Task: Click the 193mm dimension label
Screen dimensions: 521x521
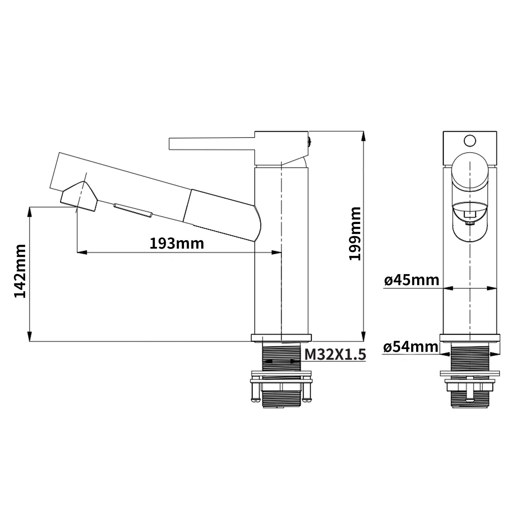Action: click(x=177, y=244)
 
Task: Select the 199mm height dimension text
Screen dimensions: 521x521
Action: click(x=355, y=233)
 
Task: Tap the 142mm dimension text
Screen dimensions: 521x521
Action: click(x=20, y=271)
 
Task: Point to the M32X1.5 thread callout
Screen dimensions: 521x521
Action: click(x=335, y=355)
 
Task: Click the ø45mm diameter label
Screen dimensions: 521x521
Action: click(x=412, y=280)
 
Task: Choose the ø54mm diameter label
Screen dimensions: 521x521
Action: click(x=411, y=347)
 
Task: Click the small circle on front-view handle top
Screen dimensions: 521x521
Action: click(x=470, y=141)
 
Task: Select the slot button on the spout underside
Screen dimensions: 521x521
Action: click(x=133, y=210)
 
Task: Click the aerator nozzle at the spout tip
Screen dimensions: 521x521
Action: click(x=79, y=197)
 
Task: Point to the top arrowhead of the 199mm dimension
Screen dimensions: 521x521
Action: click(x=363, y=136)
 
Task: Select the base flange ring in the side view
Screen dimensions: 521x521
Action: click(x=281, y=338)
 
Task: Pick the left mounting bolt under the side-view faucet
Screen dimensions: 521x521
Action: click(x=254, y=392)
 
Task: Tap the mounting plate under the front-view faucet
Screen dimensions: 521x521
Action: click(x=470, y=373)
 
